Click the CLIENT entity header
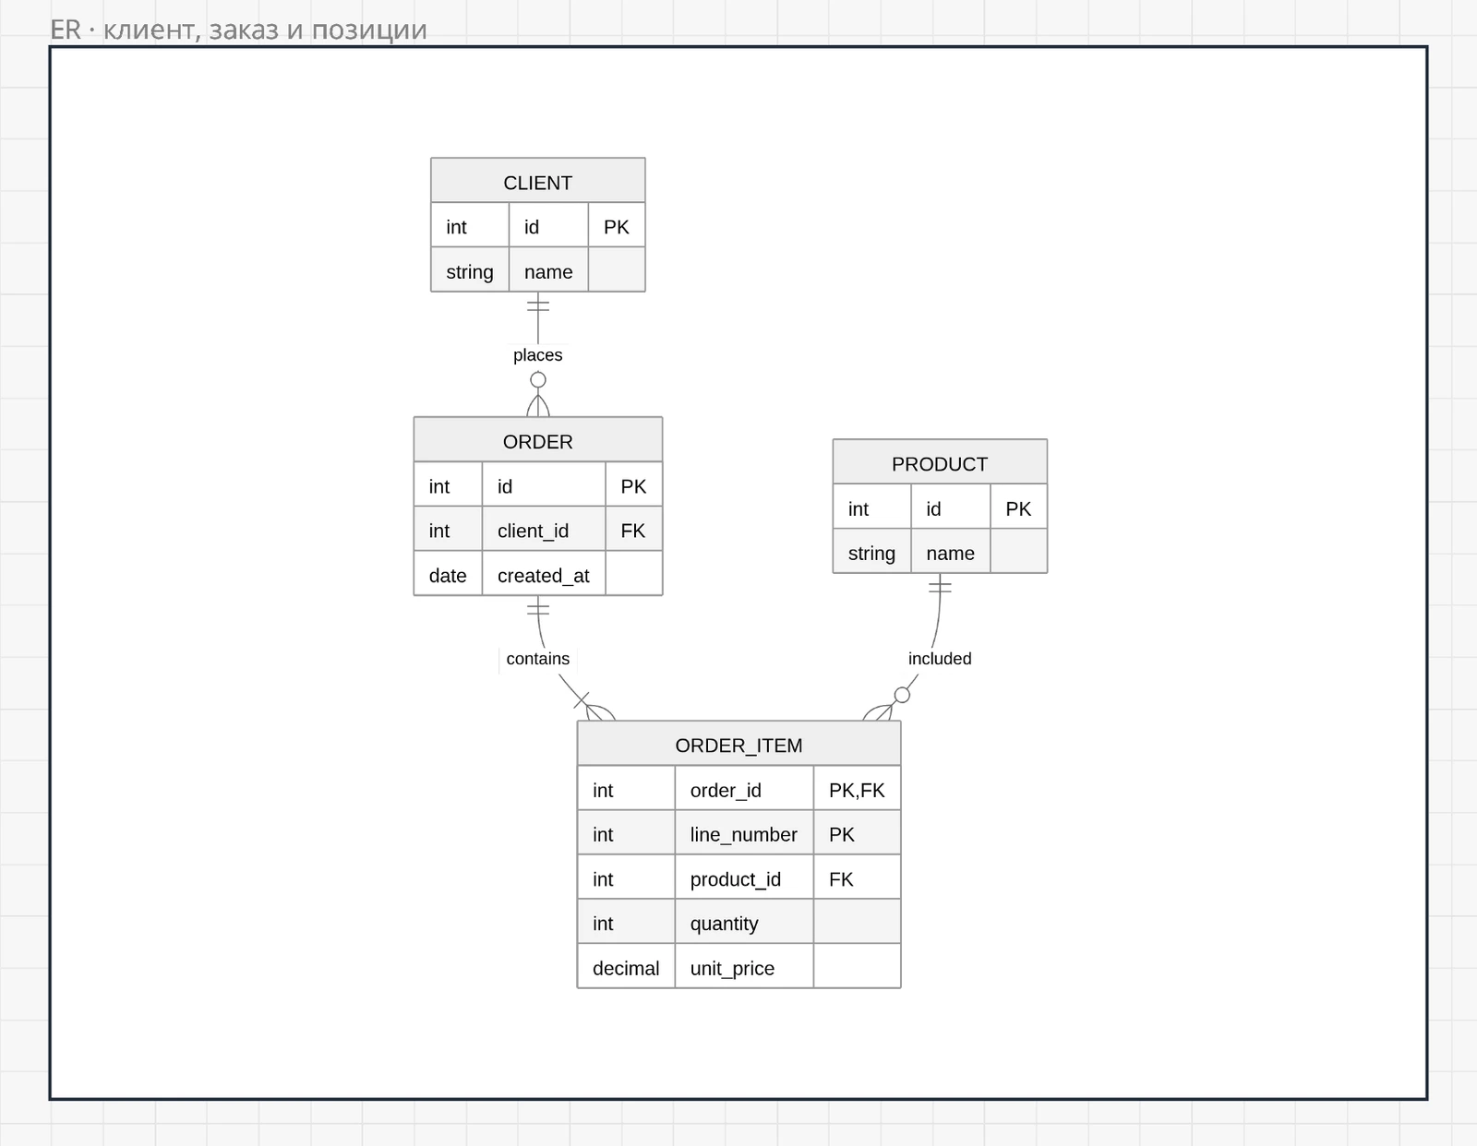click(537, 183)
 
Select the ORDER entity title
click(537, 442)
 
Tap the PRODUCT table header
click(940, 464)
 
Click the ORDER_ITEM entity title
click(738, 746)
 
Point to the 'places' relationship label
click(537, 354)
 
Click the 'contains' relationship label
click(537, 658)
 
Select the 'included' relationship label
click(940, 658)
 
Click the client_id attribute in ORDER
click(533, 531)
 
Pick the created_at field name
click(543, 576)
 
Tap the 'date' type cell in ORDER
click(447, 576)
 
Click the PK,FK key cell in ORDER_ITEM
click(857, 790)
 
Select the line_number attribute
click(744, 834)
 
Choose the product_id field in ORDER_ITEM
click(736, 879)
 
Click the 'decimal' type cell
click(625, 968)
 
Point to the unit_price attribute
click(732, 968)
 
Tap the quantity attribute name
click(724, 924)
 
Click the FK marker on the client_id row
click(633, 531)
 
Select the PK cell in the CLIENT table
click(617, 227)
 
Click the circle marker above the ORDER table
click(537, 380)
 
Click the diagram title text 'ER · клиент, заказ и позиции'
click(238, 30)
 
